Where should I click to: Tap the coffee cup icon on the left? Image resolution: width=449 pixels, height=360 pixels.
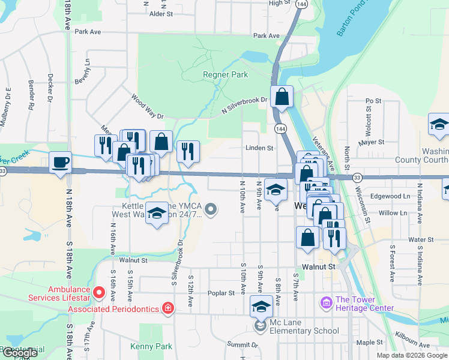pyautogui.click(x=60, y=163)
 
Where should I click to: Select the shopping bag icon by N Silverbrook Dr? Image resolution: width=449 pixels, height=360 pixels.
pyautogui.click(x=282, y=97)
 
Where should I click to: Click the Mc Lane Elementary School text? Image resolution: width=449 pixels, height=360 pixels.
pyautogui.click(x=304, y=331)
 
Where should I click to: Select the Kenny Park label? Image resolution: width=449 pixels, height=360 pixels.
pyautogui.click(x=151, y=346)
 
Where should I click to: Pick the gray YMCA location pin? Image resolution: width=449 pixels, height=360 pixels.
pyautogui.click(x=210, y=209)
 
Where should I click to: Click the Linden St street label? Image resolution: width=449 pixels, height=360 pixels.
pyautogui.click(x=259, y=148)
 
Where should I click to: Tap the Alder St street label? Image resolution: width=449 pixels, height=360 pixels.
pyautogui.click(x=161, y=13)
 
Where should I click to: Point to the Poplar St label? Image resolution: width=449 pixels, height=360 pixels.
pyautogui.click(x=221, y=293)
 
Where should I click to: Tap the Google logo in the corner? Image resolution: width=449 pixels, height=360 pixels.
pyautogui.click(x=20, y=353)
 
